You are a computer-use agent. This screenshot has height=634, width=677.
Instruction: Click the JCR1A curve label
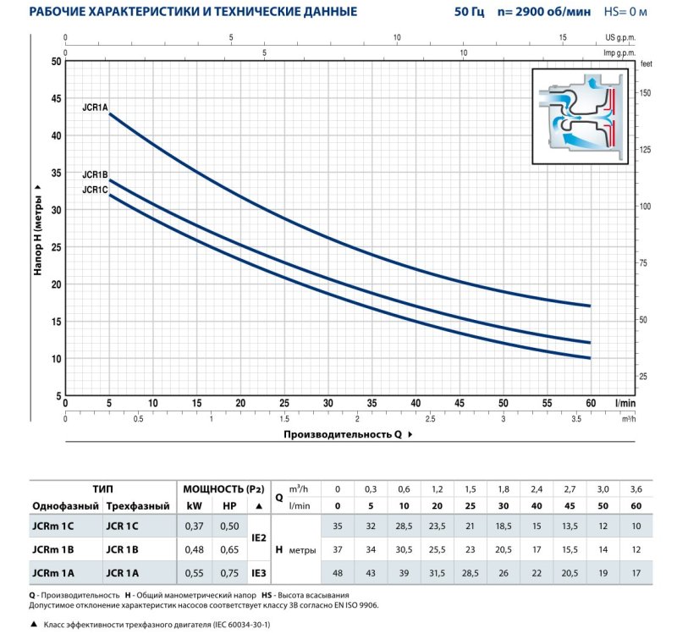95,107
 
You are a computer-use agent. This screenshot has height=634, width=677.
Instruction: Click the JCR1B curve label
95,174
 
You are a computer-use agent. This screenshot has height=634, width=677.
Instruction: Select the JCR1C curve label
95,190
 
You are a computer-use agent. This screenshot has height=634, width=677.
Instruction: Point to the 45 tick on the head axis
57,98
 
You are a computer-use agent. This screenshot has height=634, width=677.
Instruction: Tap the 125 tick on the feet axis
646,150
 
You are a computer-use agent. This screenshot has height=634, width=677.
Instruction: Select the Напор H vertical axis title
38,229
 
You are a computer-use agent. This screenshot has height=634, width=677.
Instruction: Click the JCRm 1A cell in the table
53,573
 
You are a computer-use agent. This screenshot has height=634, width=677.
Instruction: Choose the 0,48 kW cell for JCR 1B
194,549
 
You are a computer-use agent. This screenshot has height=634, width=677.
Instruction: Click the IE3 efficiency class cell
260,573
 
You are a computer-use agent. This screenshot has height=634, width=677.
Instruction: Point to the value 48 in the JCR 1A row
338,573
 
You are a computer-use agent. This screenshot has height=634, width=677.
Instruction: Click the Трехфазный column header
133,506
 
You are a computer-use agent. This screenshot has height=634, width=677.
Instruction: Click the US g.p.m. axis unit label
619,37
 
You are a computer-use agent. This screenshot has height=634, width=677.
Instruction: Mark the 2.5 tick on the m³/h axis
431,419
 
